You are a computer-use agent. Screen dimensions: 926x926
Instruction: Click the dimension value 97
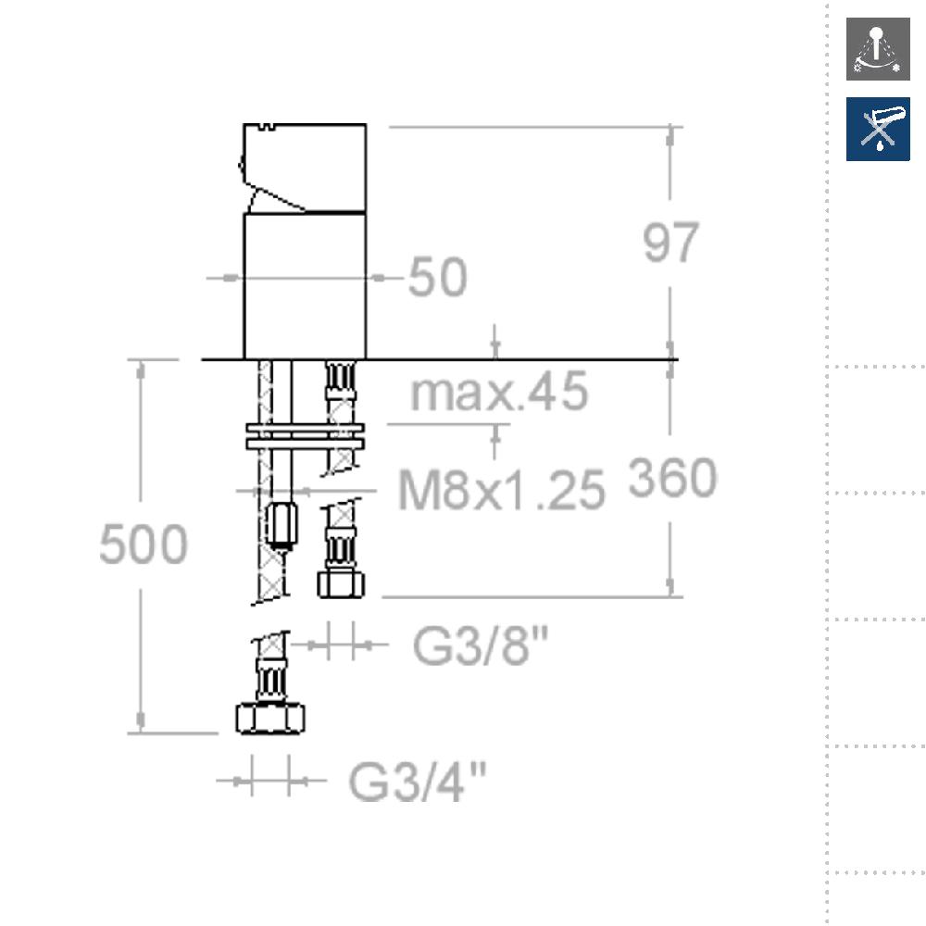pos(670,242)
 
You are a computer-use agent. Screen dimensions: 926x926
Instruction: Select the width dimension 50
pos(438,276)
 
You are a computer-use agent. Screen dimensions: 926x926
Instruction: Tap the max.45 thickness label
pos(499,391)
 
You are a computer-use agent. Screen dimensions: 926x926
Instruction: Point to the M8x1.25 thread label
pos(502,489)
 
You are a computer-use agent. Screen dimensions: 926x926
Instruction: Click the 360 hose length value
pos(672,477)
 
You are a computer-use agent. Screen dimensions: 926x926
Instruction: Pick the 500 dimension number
pos(144,544)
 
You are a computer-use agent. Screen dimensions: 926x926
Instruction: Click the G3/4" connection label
pos(417,781)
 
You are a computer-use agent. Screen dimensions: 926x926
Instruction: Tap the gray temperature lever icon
pos(878,49)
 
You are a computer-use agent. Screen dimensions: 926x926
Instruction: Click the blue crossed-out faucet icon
pos(878,130)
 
